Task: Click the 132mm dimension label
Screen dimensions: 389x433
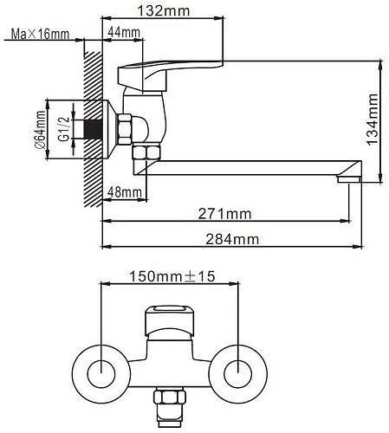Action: pos(164,11)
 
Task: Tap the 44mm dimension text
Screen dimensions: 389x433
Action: pos(124,32)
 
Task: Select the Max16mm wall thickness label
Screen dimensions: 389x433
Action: pos(40,34)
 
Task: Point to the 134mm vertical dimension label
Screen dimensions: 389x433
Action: pos(373,119)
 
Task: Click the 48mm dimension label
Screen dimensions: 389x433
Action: pos(125,192)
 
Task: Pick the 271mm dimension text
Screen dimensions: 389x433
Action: pos(224,214)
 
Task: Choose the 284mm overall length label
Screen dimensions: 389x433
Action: pos(232,239)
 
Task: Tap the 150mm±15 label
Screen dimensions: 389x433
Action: pos(172,276)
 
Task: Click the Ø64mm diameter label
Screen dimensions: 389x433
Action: pos(41,130)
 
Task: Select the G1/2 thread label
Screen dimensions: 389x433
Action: pos(64,129)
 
